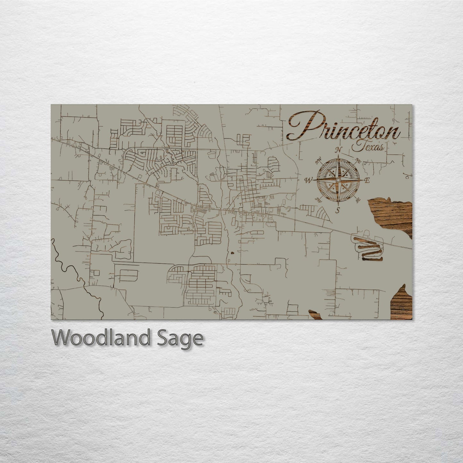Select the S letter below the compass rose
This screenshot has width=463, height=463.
pyautogui.click(x=337, y=210)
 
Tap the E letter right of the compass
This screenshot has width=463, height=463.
pyautogui.click(x=367, y=180)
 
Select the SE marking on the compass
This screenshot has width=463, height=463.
pyautogui.click(x=358, y=201)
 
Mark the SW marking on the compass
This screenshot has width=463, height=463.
pyautogui.click(x=318, y=200)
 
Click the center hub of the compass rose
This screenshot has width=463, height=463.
pyautogui.click(x=338, y=180)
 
